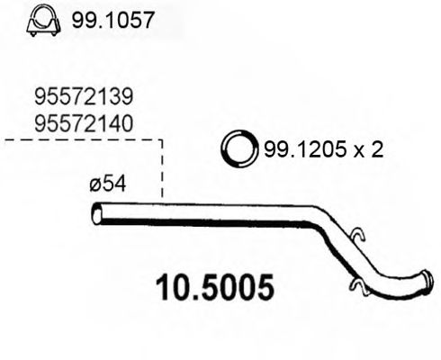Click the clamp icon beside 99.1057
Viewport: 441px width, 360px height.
tap(41, 19)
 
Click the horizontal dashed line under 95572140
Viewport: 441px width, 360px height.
tap(81, 141)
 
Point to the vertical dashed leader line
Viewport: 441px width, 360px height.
tap(162, 171)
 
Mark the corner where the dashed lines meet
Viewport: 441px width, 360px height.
tap(162, 141)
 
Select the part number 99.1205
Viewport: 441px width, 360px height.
tap(301, 149)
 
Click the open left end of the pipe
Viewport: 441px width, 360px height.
tap(97, 215)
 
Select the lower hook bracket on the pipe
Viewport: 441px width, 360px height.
tap(355, 288)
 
